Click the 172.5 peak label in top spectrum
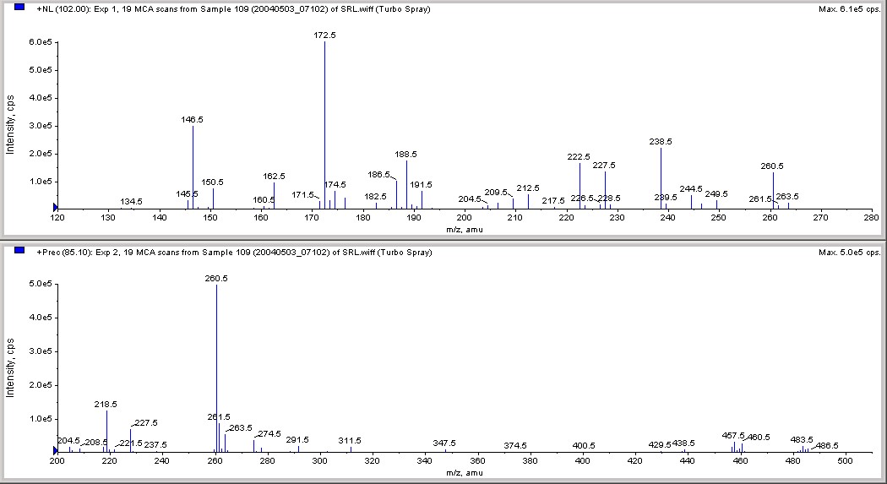[x=324, y=35]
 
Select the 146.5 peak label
[x=193, y=120]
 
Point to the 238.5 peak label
[x=661, y=142]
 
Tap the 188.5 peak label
[x=405, y=155]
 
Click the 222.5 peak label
[x=579, y=157]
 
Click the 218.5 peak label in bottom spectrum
[x=106, y=405]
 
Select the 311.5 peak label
[x=350, y=441]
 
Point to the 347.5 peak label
[x=444, y=443]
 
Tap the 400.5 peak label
[x=584, y=445]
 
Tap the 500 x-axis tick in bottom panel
[x=846, y=460]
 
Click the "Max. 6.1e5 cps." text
[x=848, y=9]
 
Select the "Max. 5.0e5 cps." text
[x=848, y=253]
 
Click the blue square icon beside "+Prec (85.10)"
[x=19, y=252]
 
